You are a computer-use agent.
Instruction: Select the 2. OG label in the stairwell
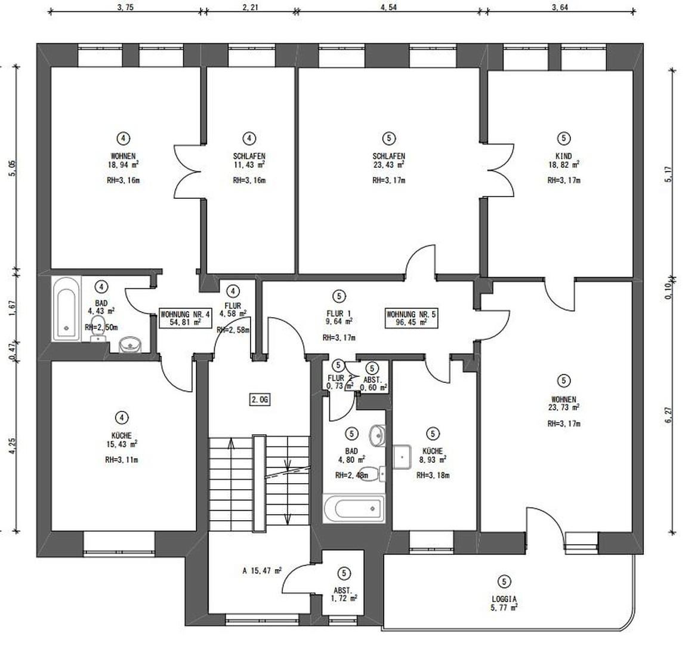(260, 400)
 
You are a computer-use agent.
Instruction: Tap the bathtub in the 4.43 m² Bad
(65, 308)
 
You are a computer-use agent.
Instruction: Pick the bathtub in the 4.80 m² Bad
(353, 509)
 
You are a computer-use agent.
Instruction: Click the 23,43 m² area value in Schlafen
(388, 165)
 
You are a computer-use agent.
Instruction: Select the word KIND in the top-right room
(563, 156)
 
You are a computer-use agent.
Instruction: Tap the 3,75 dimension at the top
(126, 7)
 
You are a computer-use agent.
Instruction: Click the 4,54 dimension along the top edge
(388, 7)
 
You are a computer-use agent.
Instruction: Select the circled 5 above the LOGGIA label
(504, 580)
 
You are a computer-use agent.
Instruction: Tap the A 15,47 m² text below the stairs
(262, 571)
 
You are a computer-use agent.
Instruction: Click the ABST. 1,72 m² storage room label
(344, 594)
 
